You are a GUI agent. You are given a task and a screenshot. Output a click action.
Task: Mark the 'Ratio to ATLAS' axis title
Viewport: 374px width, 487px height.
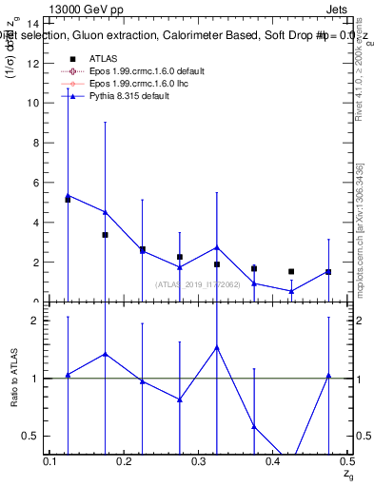coord(14,378)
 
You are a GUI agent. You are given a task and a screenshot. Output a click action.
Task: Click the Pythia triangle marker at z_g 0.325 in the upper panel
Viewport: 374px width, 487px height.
coord(217,247)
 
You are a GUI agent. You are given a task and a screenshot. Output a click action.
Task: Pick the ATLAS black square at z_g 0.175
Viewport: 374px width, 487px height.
coord(105,234)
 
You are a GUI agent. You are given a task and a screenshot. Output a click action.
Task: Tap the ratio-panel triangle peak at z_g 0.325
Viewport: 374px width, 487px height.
coord(217,347)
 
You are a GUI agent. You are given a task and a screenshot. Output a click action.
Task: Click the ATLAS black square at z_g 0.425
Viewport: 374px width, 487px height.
coord(291,271)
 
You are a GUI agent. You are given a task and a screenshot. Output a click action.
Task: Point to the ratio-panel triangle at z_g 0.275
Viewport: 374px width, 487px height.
coord(180,399)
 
